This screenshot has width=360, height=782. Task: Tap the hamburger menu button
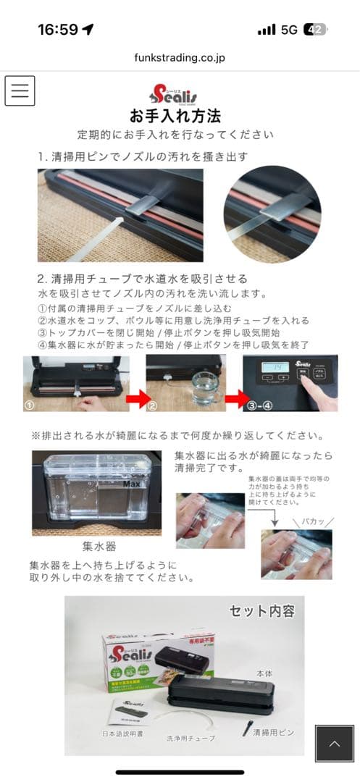20,91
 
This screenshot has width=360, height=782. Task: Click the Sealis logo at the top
174,93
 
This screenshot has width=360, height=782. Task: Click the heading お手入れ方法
175,116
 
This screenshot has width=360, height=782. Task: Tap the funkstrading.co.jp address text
179,57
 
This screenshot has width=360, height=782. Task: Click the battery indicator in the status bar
315,30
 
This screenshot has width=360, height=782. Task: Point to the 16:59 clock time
57,30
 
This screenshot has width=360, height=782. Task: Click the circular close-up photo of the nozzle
272,215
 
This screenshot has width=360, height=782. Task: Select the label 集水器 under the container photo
99,546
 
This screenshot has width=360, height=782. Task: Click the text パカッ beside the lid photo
312,521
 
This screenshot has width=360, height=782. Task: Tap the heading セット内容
261,611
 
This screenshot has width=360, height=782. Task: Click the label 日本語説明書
127,733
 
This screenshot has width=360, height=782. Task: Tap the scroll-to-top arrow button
334,744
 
